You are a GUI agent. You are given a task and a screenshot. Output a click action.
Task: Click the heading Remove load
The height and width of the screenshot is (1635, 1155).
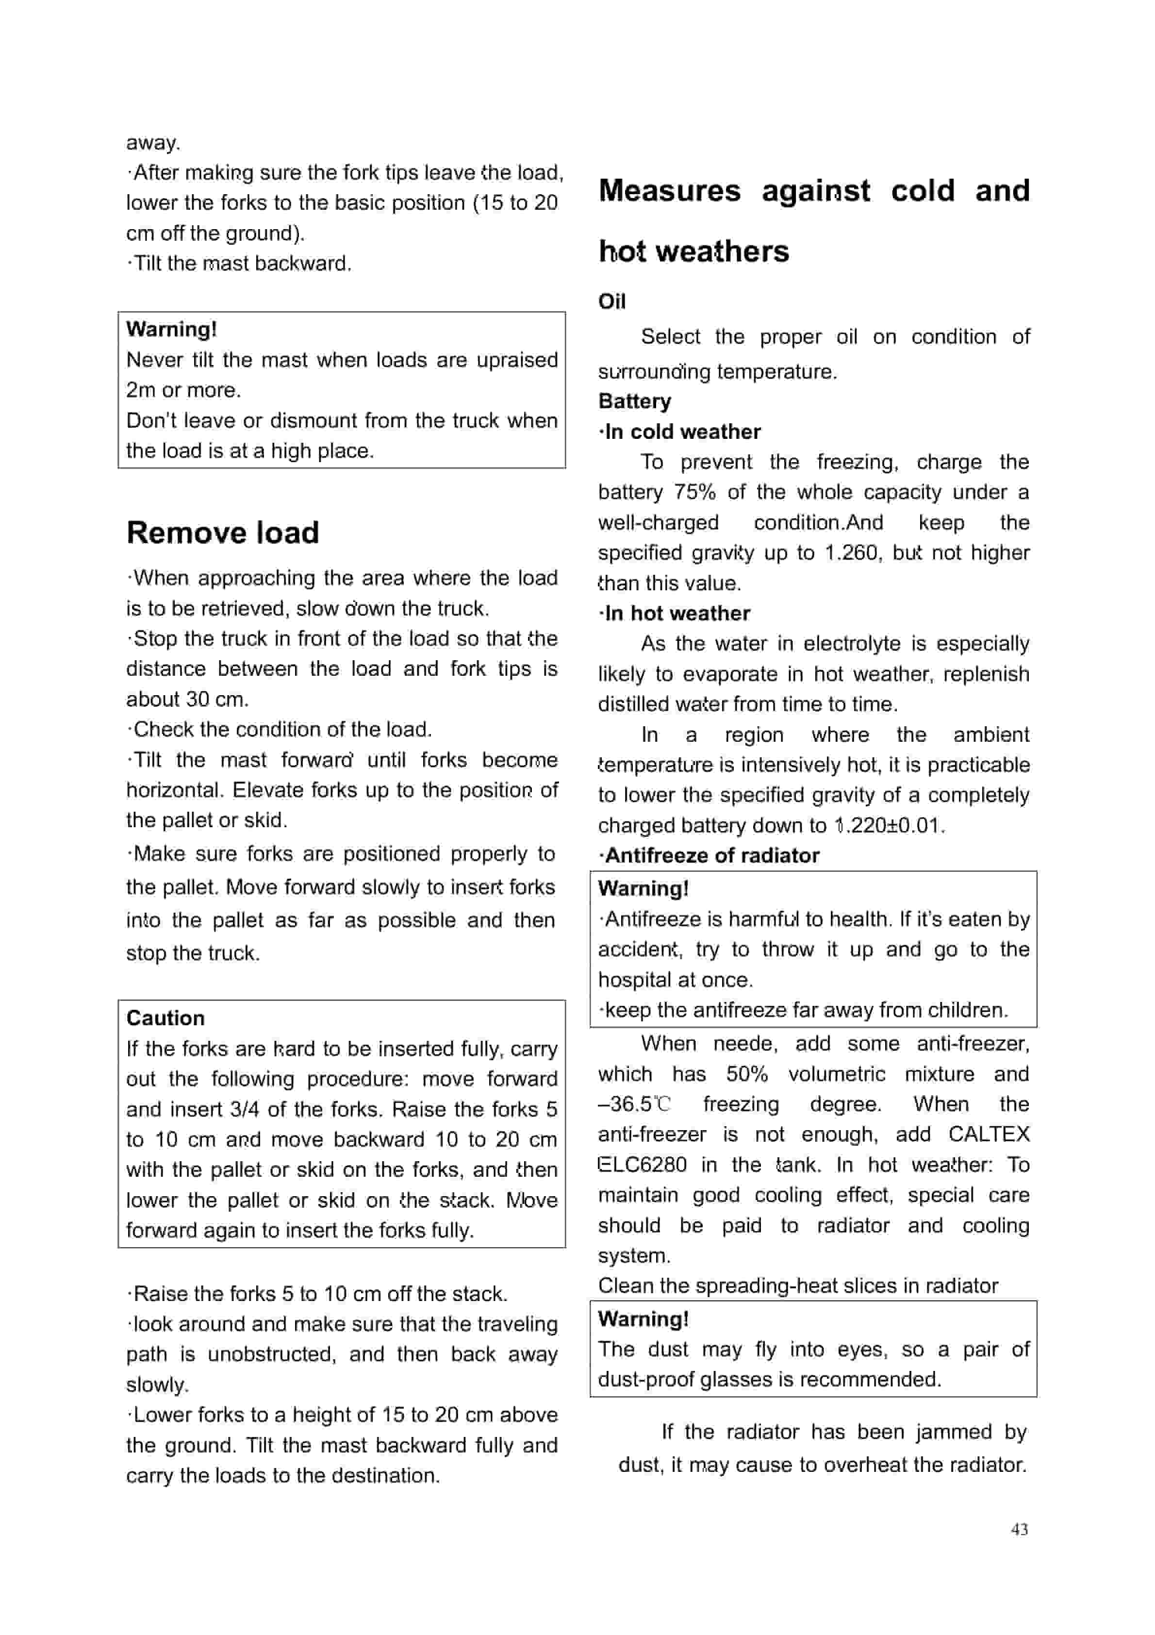click(222, 533)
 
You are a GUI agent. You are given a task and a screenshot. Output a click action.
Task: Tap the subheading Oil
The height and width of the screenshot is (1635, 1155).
click(611, 302)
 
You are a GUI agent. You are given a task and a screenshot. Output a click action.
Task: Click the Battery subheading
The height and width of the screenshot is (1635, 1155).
click(634, 401)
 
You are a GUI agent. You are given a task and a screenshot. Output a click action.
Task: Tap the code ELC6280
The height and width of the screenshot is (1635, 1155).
click(643, 1165)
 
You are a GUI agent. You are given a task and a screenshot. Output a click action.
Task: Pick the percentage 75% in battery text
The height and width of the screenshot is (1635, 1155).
click(694, 492)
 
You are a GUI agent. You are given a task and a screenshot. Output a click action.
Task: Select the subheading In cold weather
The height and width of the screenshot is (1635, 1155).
click(681, 432)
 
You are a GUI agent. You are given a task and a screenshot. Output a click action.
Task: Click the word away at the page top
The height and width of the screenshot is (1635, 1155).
click(153, 142)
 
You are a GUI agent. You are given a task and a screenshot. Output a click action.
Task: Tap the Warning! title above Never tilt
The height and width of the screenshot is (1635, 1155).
click(171, 330)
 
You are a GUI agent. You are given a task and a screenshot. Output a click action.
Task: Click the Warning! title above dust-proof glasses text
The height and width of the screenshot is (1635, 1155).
click(643, 1319)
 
